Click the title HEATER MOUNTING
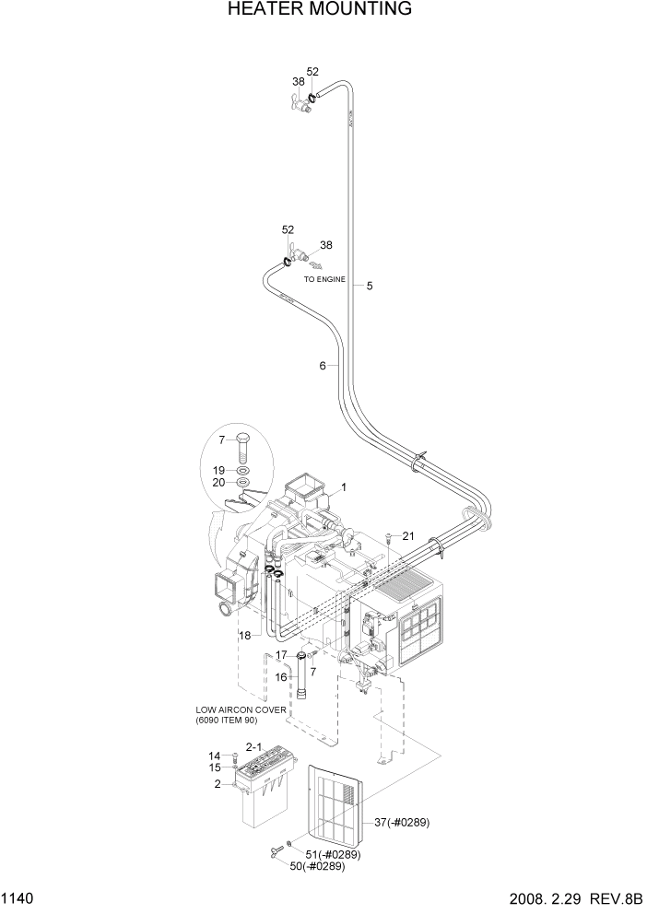(318, 10)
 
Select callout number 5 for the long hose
(369, 286)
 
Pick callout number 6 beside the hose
(323, 366)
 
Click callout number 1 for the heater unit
(343, 486)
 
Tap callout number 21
(408, 536)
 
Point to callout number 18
(245, 636)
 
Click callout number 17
(282, 655)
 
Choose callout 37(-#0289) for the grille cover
(403, 822)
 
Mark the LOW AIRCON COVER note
(239, 714)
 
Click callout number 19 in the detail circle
(219, 470)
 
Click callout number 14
(216, 756)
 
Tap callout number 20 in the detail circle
(219, 483)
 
